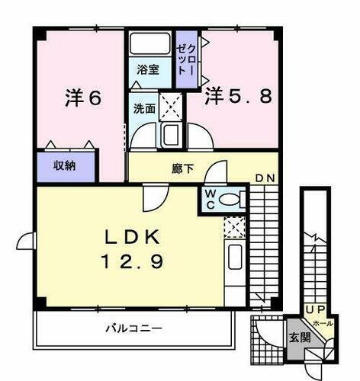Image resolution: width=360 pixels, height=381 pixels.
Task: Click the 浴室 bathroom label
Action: pyautogui.click(x=146, y=69)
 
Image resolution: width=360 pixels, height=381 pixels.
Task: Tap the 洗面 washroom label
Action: pyautogui.click(x=145, y=108)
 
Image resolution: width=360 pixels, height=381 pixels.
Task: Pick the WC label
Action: pyautogui.click(x=210, y=199)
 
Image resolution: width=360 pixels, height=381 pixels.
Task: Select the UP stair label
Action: pyautogui.click(x=314, y=309)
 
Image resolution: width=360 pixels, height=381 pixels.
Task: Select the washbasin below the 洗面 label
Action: pyautogui.click(x=170, y=136)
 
